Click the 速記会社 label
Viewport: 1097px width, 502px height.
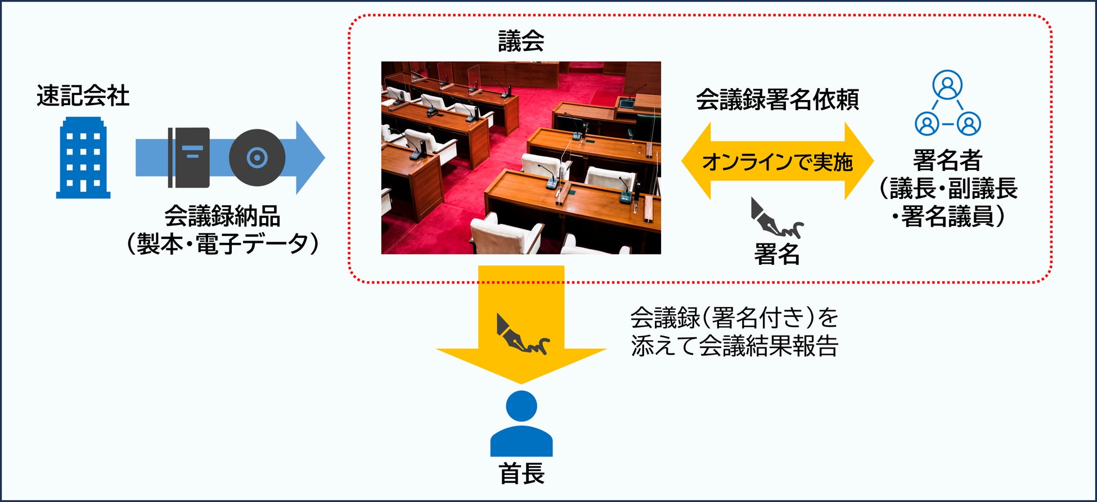coord(83,96)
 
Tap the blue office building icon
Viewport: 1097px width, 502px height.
coord(83,157)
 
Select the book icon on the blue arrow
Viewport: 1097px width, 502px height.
coord(188,157)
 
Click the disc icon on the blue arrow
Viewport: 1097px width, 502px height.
coord(257,157)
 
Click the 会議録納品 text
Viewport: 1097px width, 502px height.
coord(223,216)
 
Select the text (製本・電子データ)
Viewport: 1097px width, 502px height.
coord(223,244)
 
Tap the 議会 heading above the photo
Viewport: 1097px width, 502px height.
coord(521,41)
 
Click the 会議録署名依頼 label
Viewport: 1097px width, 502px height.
coord(777,100)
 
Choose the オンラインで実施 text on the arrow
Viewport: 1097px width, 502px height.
coord(777,162)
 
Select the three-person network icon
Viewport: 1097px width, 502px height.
coord(948,102)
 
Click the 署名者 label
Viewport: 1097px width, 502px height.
coord(948,160)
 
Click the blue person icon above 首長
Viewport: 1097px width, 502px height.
coord(521,423)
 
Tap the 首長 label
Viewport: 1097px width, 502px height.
coord(521,474)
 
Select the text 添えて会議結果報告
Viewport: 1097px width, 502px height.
coord(735,346)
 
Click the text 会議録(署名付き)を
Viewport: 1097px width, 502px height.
coord(735,318)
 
